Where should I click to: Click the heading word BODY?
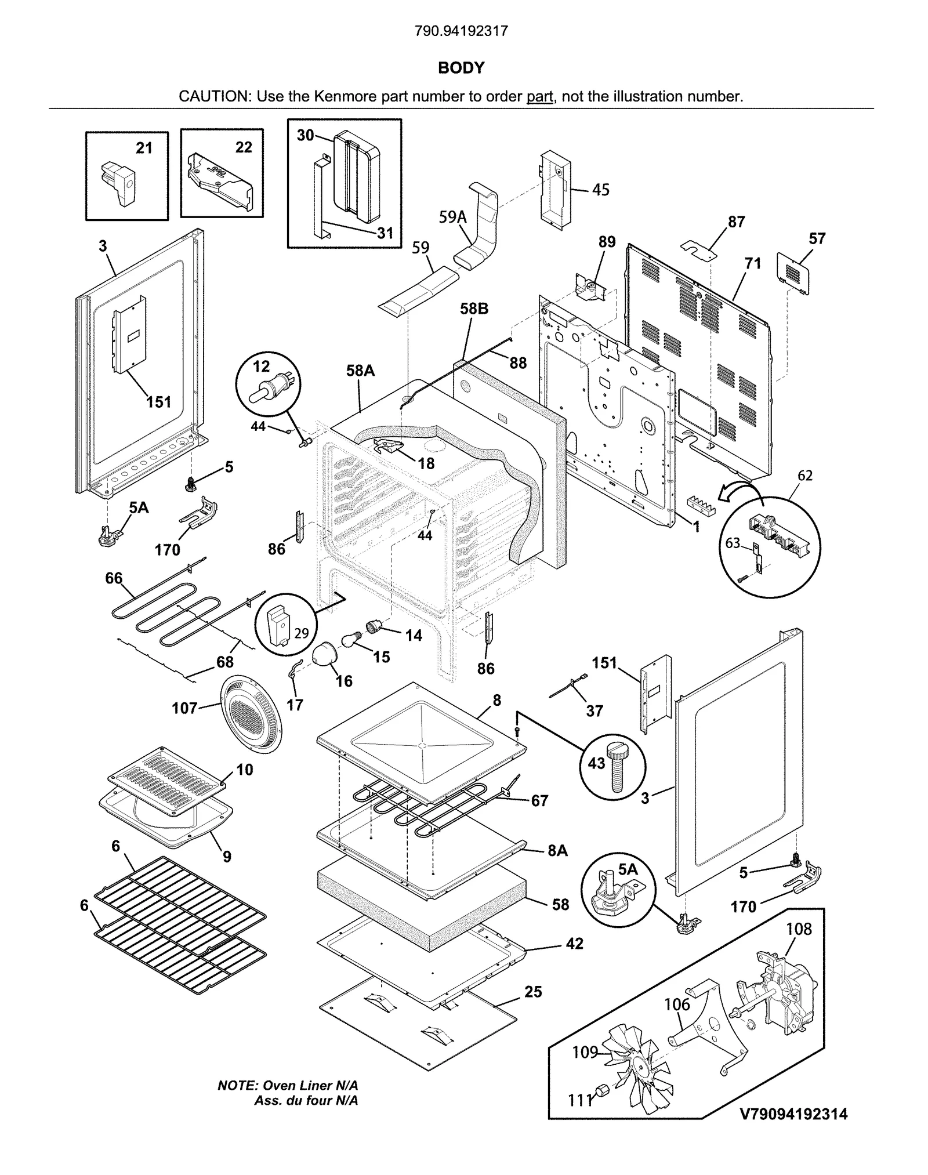coord(461,68)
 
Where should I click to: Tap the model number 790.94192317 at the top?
coord(461,31)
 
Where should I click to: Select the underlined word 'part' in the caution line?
coord(539,96)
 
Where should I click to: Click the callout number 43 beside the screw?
coord(596,763)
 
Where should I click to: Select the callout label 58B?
coord(474,309)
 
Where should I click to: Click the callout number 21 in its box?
coord(144,148)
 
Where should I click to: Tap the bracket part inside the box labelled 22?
coord(220,184)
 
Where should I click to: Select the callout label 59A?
coord(453,217)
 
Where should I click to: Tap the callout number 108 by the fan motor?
coord(799,929)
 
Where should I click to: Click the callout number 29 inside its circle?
coord(301,632)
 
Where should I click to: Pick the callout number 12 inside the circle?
coord(262,366)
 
